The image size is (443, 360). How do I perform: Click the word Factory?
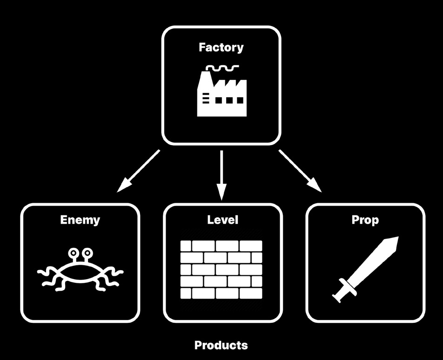[221, 47]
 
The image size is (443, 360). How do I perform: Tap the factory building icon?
[221, 96]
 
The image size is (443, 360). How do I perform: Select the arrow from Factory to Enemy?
[139, 170]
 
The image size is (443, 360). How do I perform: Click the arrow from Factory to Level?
[221, 172]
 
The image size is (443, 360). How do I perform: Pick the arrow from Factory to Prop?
[300, 170]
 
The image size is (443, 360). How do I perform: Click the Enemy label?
[80, 220]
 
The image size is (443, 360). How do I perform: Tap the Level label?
[222, 220]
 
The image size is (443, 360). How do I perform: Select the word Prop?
[365, 220]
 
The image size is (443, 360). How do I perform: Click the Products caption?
[221, 345]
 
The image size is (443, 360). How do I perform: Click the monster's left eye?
[73, 253]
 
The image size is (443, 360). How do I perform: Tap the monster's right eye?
[87, 253]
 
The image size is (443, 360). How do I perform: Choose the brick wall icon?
[221, 269]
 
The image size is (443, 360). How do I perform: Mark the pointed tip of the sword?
[396, 239]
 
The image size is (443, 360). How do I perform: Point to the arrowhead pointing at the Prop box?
[316, 187]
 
